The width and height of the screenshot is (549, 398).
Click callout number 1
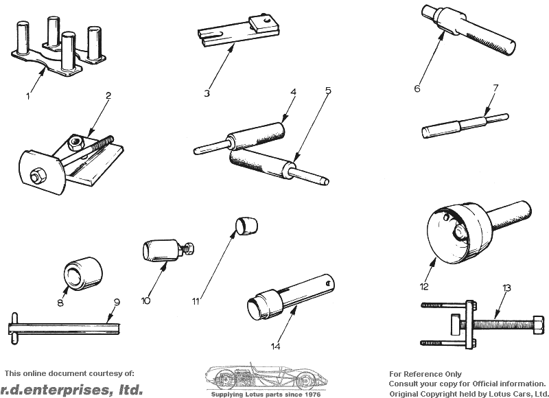point(28,96)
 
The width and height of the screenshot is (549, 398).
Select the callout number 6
point(417,89)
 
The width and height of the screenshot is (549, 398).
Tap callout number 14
point(276,346)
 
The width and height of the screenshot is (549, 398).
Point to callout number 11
point(196,301)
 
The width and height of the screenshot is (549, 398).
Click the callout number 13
point(506,288)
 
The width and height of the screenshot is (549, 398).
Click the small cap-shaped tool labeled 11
point(246,226)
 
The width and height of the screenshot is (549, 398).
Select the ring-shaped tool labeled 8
point(83,273)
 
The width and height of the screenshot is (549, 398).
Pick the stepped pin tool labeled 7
point(465,126)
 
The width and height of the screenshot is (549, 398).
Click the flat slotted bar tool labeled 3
point(237,32)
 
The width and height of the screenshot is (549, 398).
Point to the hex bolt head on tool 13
point(539,324)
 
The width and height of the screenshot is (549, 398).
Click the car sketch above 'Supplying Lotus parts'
point(266,376)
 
